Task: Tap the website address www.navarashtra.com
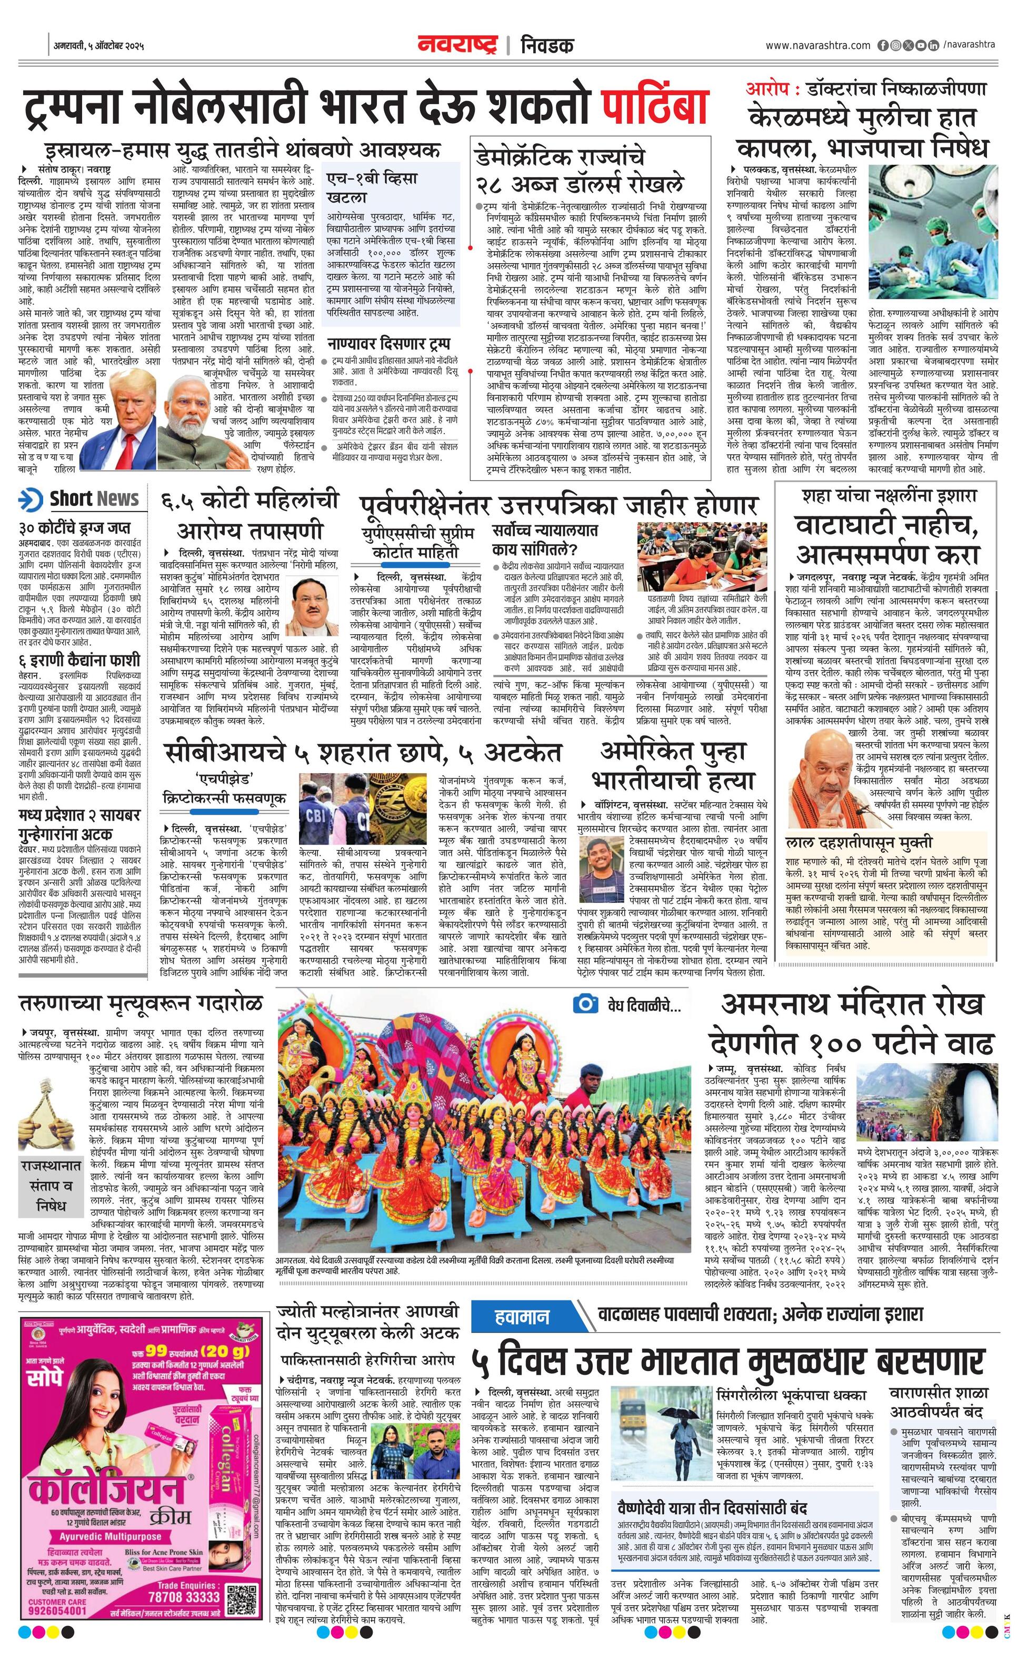click(x=817, y=45)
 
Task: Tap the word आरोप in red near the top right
click(x=763, y=89)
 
